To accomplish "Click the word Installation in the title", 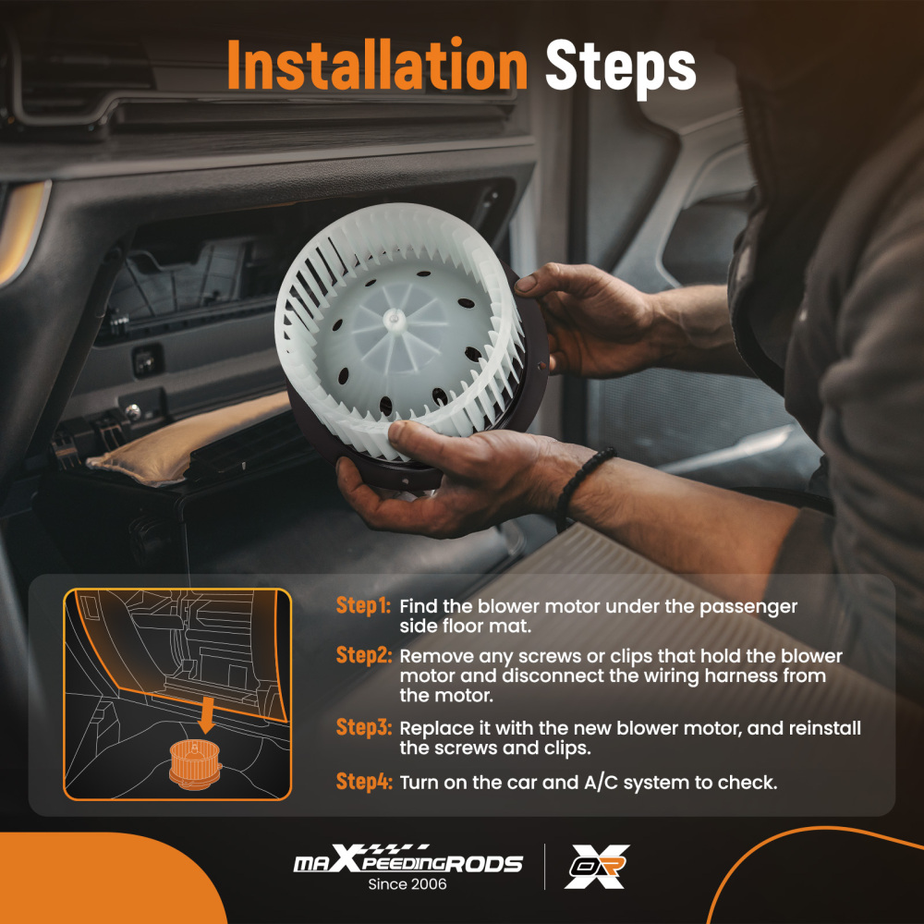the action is [377, 65].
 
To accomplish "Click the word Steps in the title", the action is [621, 67].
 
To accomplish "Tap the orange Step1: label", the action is [363, 606].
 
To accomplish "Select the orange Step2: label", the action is [363, 655].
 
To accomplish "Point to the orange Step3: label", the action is [363, 728].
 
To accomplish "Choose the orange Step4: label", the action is [363, 782].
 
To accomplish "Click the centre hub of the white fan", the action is [394, 320].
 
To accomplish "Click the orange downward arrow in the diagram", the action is [206, 714].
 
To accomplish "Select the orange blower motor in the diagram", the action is [195, 764].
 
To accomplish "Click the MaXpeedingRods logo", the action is [407, 859].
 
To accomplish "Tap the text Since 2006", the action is [407, 884].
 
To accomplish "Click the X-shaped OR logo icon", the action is [596, 866].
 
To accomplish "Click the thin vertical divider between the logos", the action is [544, 867].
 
